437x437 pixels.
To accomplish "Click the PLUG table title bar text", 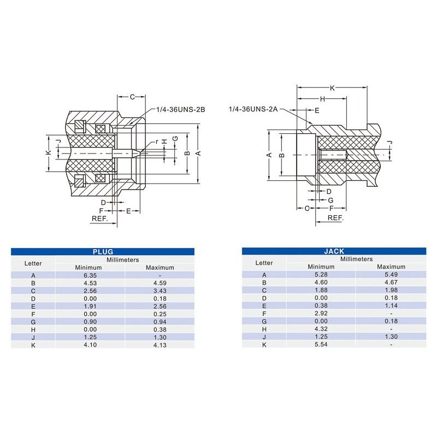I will click(x=103, y=251).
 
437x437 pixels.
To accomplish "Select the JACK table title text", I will click(x=334, y=251).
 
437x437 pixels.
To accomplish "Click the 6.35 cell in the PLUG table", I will click(x=90, y=275).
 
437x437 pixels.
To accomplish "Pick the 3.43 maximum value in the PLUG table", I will click(x=160, y=291).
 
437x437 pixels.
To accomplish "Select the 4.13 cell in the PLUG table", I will click(x=160, y=345).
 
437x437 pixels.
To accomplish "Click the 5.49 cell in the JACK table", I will click(x=391, y=275).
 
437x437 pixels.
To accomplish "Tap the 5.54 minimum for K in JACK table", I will click(x=321, y=344).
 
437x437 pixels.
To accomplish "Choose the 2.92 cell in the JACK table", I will click(x=321, y=314).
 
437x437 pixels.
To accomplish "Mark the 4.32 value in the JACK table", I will click(x=321, y=329).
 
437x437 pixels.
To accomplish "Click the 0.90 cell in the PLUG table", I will click(x=90, y=322).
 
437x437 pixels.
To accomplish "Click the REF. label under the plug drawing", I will click(x=99, y=217).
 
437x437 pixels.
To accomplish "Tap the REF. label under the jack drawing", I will click(x=335, y=217).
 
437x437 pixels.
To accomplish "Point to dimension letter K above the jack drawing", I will click(x=332, y=87).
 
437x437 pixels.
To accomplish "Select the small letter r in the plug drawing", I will click(x=157, y=141).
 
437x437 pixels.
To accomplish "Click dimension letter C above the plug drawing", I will click(x=132, y=97).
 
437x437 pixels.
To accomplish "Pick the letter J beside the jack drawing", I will click(x=389, y=143).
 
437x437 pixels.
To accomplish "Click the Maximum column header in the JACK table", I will click(x=391, y=267).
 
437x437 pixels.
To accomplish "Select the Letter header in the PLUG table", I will click(x=33, y=263).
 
